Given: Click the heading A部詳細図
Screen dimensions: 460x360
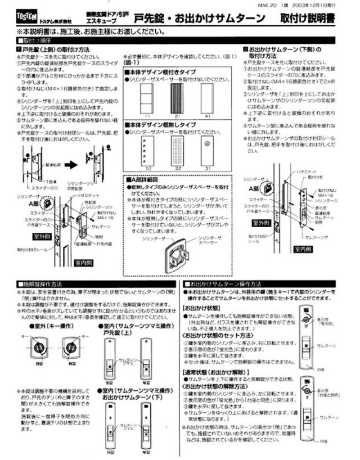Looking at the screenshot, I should click(x=147, y=178).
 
